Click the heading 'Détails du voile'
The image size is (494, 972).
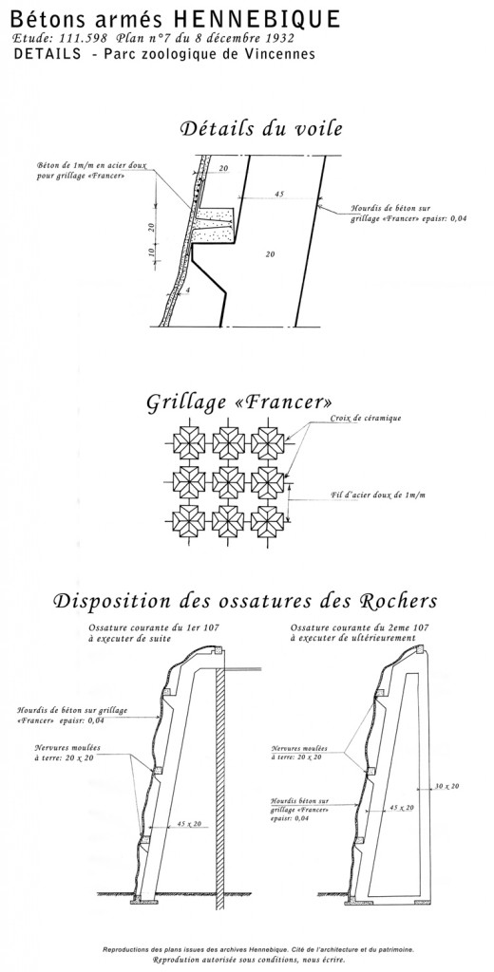coord(261,129)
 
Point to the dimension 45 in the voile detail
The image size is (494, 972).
coord(278,194)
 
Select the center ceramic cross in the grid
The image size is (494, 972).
coord(228,481)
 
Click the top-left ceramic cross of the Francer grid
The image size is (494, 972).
coord(189,443)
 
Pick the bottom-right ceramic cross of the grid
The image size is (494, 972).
coord(268,521)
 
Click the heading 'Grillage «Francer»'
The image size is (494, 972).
coord(239,402)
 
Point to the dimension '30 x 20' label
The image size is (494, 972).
coord(446,786)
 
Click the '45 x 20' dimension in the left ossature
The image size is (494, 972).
coord(191,824)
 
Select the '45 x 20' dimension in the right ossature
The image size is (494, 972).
coord(402,808)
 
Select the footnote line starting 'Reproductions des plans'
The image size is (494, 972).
coord(258,948)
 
